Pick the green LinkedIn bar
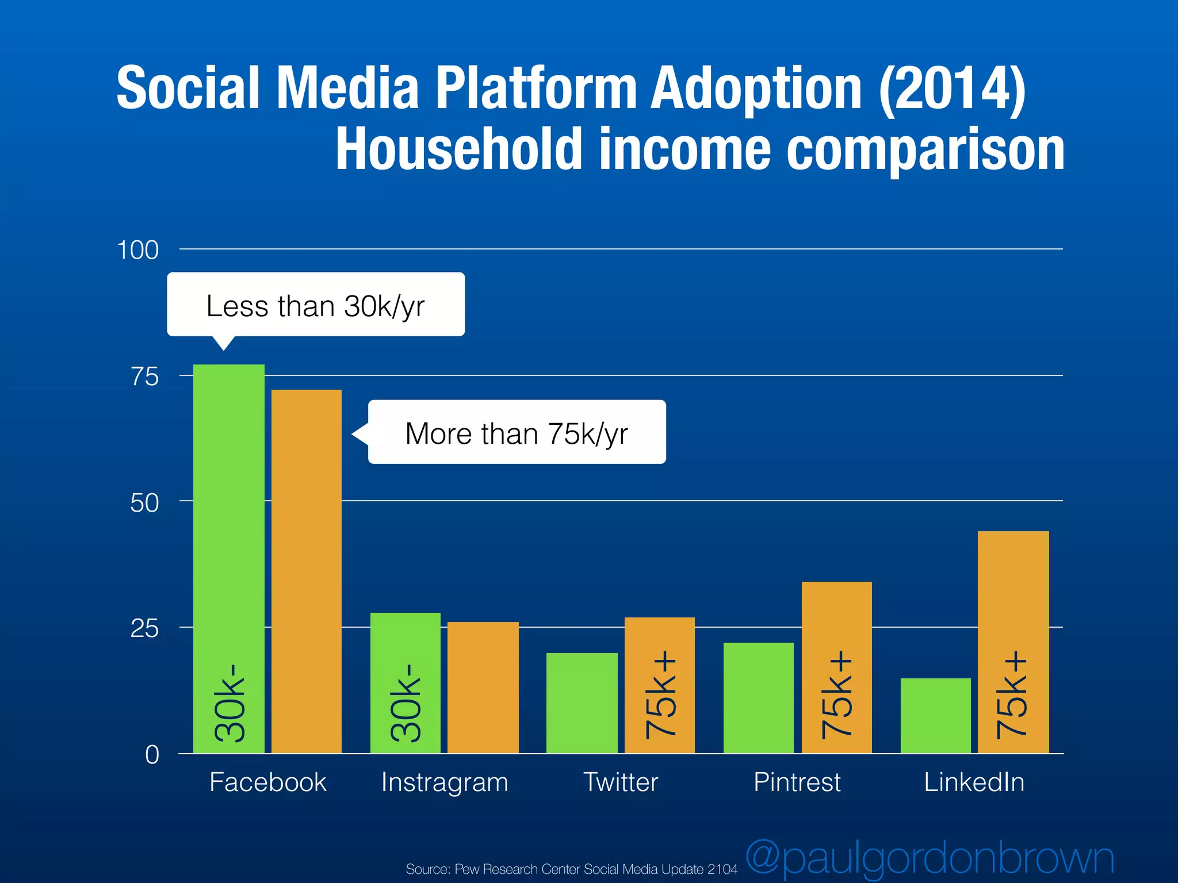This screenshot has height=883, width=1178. pos(935,716)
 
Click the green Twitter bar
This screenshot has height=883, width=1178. pos(582,702)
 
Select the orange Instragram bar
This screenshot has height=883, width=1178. pos(483,687)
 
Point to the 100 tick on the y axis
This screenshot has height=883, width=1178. pos(137,250)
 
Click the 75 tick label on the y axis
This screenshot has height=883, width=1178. pos(144,377)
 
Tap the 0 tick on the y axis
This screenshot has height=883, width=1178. pos(152,754)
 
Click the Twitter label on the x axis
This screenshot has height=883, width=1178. pos(621,782)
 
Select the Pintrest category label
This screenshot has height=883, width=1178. pos(797,782)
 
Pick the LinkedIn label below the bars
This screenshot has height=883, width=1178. pos(974,782)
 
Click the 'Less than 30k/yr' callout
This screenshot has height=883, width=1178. pos(315,305)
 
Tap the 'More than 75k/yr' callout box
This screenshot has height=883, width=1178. pos(517,432)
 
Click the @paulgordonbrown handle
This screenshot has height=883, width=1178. pos(930,858)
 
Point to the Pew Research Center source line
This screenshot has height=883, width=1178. pos(571,869)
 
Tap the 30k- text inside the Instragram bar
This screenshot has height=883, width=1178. pos(406,702)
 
